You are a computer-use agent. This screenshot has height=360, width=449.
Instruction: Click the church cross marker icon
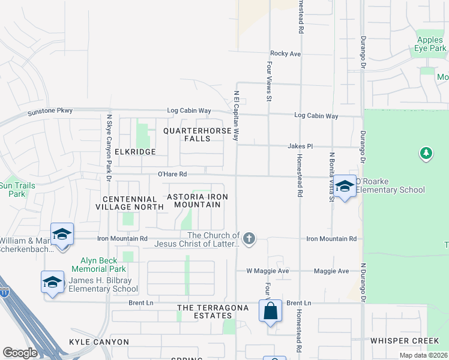(x=249, y=239)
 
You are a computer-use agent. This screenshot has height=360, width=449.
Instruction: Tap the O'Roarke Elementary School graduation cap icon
(x=345, y=187)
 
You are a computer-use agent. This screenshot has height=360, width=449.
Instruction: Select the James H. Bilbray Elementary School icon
(x=52, y=283)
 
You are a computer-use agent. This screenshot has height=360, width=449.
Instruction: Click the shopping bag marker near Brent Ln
(x=270, y=311)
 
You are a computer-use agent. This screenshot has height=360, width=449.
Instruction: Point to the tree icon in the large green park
(x=426, y=154)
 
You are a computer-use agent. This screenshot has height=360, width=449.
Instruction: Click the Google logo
(x=20, y=353)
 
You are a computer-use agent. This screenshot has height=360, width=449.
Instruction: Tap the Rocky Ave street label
(x=285, y=54)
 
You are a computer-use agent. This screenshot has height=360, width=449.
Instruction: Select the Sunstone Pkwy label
(x=50, y=112)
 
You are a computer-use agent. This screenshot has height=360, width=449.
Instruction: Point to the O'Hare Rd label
(x=172, y=174)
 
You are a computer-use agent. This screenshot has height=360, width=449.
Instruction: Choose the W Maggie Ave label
(x=268, y=271)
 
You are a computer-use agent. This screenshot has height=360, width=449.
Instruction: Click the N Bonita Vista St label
(x=331, y=177)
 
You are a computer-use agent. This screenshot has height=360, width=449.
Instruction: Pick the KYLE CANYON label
(x=99, y=342)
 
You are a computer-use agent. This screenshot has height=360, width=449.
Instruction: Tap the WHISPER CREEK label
(x=405, y=341)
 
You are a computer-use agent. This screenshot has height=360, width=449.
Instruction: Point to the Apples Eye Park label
(x=430, y=44)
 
